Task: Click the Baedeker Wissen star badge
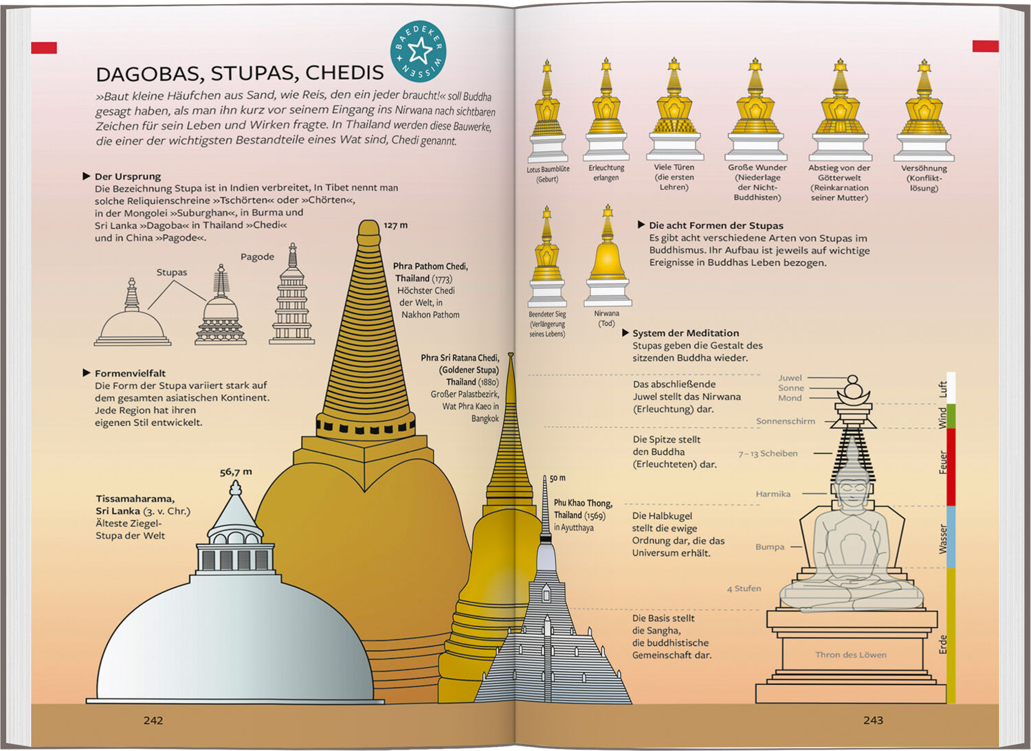point(418,52)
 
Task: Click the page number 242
point(153,720)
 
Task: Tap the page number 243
point(873,720)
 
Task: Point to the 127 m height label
point(395,225)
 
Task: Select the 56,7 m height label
point(236,472)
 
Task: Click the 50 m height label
point(557,478)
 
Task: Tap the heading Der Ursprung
point(127,177)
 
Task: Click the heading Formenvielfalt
point(130,373)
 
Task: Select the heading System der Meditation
point(685,333)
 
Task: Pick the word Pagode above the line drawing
point(257,257)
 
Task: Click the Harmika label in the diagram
point(773,494)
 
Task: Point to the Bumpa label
point(770,547)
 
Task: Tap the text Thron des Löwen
point(851,655)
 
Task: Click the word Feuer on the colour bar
point(944,462)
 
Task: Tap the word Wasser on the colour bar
point(944,539)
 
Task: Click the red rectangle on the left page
point(44,47)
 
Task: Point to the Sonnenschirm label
point(785,421)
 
